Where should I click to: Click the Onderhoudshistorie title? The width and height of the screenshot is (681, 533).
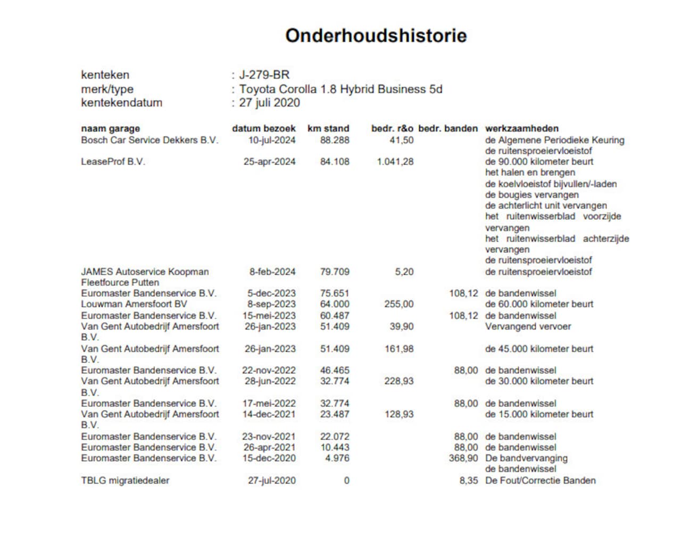click(x=376, y=36)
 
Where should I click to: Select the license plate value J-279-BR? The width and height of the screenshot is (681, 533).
click(x=264, y=75)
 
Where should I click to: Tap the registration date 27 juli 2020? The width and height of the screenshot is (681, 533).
click(x=269, y=103)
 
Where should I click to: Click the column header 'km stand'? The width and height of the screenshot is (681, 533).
click(x=328, y=128)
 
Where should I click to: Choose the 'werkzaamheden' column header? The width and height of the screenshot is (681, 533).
click(x=521, y=128)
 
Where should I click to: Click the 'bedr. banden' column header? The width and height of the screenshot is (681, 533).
click(x=448, y=128)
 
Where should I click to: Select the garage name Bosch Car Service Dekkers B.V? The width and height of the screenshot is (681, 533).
click(x=150, y=140)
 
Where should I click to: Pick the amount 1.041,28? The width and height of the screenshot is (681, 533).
click(x=395, y=161)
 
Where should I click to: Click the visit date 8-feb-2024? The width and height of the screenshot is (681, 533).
click(x=272, y=272)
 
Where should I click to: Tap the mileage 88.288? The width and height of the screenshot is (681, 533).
click(x=335, y=140)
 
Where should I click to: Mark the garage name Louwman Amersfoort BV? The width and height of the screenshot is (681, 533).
click(x=134, y=304)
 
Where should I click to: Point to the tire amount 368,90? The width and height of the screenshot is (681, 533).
click(x=463, y=458)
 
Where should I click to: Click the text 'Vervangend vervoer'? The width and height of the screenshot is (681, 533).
click(x=528, y=326)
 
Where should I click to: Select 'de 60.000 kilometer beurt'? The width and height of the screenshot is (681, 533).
click(x=539, y=304)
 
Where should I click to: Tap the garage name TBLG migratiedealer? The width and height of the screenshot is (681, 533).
click(x=125, y=480)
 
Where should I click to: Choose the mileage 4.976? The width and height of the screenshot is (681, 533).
click(x=337, y=458)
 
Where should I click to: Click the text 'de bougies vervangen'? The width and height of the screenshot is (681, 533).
click(x=531, y=195)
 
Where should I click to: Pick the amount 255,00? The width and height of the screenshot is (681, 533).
click(x=398, y=304)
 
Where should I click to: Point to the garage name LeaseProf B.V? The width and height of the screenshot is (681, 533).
click(x=113, y=161)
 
